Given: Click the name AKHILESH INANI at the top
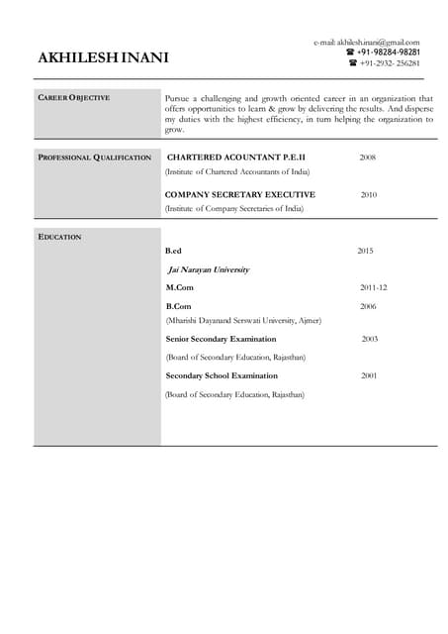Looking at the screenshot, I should pyautogui.click(x=103, y=58).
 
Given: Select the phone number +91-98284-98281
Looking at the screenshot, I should pyautogui.click(x=388, y=53).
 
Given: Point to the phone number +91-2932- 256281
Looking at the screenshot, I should pyautogui.click(x=390, y=63).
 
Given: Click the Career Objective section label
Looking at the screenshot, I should pyautogui.click(x=73, y=98).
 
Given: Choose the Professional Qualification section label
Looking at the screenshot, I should pyautogui.click(x=94, y=158).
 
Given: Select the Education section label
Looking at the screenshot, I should pyautogui.click(x=59, y=237).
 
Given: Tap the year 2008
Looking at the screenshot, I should pyautogui.click(x=367, y=158).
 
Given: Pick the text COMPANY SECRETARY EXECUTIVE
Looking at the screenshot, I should pyautogui.click(x=240, y=195).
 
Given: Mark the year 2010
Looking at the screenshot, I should pyautogui.click(x=368, y=195).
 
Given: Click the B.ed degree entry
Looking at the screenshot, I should pyautogui.click(x=174, y=252).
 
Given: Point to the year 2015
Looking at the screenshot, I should pyautogui.click(x=365, y=252).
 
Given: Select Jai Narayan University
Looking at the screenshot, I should pyautogui.click(x=209, y=269).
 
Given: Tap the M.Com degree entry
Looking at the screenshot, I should pyautogui.click(x=179, y=287).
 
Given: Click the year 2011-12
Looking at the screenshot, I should pyautogui.click(x=373, y=287).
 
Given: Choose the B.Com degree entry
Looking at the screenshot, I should pyautogui.click(x=178, y=306).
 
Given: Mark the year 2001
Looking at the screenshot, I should pyautogui.click(x=369, y=375).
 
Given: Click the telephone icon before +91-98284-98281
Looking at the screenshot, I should pyautogui.click(x=350, y=53).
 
